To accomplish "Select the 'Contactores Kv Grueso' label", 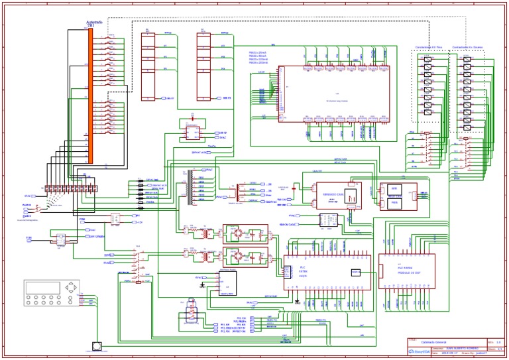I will pyautogui.click(x=468, y=48).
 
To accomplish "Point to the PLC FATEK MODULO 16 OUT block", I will pyautogui.click(x=406, y=271).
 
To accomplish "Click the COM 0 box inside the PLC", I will pyautogui.click(x=356, y=272).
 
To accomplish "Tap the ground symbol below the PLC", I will pyautogui.click(x=298, y=302).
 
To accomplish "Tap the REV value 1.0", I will pyautogui.click(x=498, y=341).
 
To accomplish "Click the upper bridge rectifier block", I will pyautogui.click(x=245, y=233).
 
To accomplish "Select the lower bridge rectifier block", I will pyautogui.click(x=245, y=257).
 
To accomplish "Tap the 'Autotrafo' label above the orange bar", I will pyautogui.click(x=93, y=22).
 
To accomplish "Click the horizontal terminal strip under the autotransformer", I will pyautogui.click(x=72, y=189).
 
